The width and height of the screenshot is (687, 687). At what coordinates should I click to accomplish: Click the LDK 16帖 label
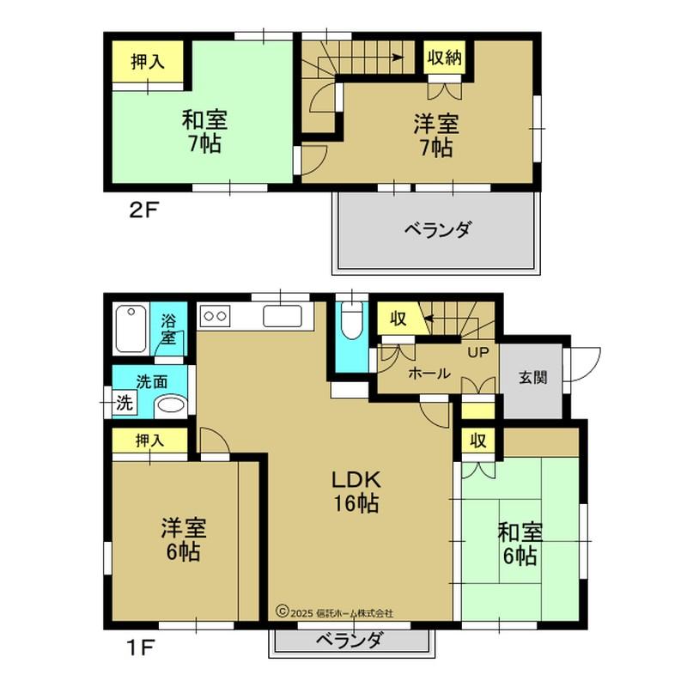[x=356, y=491]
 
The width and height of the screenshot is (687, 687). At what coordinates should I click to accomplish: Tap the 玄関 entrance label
[x=532, y=377]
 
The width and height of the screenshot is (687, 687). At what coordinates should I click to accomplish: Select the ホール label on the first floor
[x=429, y=374]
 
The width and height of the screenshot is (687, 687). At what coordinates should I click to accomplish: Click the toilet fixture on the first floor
[x=352, y=320]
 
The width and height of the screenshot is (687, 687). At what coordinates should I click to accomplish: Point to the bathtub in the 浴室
[x=131, y=329]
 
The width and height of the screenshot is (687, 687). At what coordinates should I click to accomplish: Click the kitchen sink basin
[x=283, y=316]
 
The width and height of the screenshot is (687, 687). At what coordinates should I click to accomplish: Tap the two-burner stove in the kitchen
[x=216, y=316]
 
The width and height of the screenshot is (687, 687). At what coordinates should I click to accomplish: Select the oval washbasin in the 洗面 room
[x=171, y=404]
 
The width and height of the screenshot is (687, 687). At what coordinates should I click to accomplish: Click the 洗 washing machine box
[x=125, y=403]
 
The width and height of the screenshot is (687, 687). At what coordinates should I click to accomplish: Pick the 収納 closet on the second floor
[x=445, y=58]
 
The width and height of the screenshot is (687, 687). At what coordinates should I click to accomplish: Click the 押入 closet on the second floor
[x=148, y=61]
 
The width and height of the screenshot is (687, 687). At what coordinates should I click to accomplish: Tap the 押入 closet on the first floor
[x=149, y=441]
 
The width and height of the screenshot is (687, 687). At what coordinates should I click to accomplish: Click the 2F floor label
[x=143, y=210]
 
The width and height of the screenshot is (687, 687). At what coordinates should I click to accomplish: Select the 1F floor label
[x=140, y=647]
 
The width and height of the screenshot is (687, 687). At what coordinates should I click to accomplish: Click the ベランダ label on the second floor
[x=438, y=229]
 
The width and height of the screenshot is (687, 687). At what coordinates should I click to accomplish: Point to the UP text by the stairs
[x=477, y=352]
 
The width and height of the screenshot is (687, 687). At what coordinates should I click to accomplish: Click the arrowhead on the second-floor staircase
[x=398, y=58]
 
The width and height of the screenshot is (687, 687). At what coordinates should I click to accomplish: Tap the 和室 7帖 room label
[x=204, y=131]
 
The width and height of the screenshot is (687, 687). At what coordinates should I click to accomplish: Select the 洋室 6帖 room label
[x=184, y=540]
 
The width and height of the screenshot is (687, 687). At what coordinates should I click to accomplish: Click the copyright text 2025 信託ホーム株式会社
[x=334, y=612]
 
